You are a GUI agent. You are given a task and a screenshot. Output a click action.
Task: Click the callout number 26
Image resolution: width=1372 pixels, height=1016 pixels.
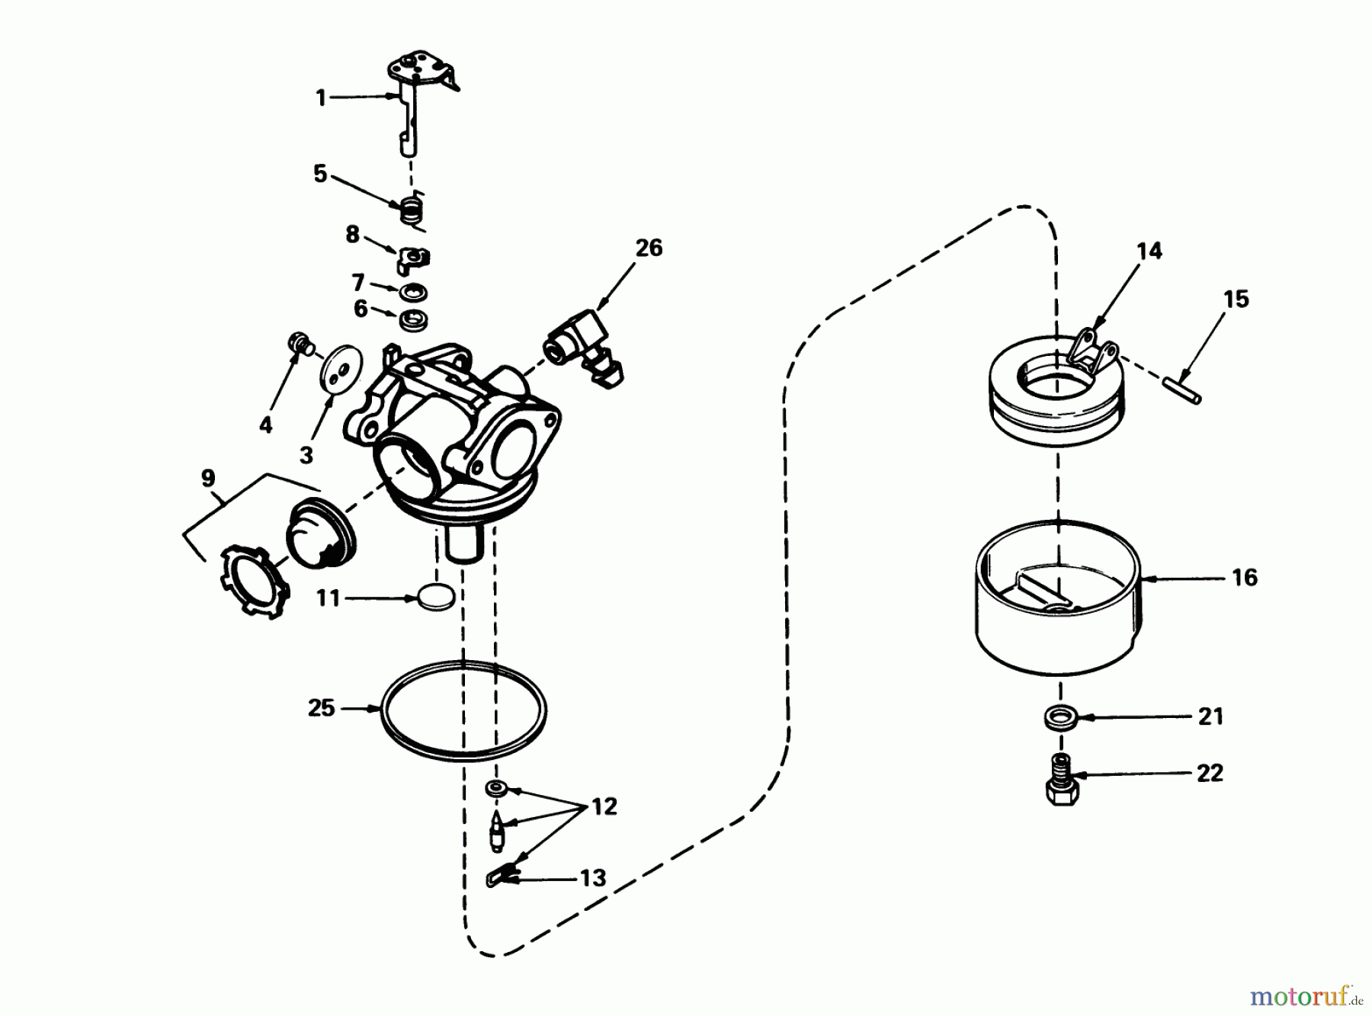649,248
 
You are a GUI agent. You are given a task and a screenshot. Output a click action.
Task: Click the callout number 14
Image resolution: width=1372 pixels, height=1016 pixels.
1149,251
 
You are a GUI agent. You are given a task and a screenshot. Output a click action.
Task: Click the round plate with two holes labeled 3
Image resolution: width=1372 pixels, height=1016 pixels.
338,371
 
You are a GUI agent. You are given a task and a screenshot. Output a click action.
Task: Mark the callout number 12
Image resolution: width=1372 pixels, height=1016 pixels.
604,807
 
